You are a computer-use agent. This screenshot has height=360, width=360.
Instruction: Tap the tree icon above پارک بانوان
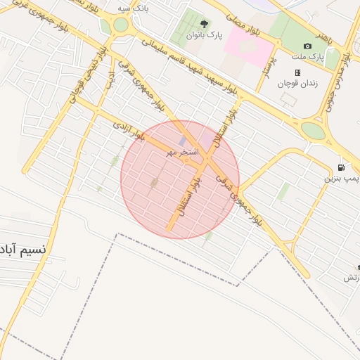click(205, 24)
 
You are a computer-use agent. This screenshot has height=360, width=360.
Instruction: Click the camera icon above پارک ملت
click(307, 46)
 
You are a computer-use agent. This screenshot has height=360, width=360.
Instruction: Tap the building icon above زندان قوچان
click(297, 72)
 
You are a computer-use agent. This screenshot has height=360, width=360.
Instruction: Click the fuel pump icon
click(342, 168)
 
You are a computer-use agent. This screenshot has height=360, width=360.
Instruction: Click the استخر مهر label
click(182, 152)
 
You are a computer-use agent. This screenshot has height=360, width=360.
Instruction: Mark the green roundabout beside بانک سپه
click(120, 25)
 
